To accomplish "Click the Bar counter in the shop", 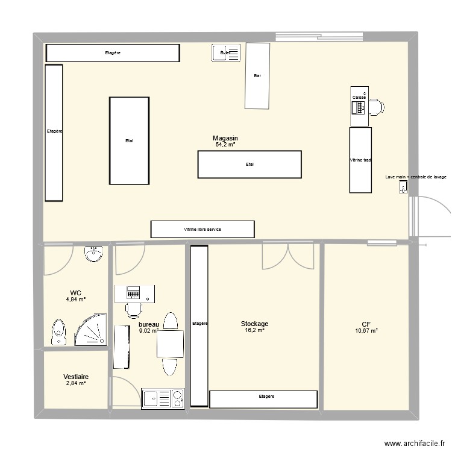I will click(x=257, y=76).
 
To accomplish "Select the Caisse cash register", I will click(x=359, y=107).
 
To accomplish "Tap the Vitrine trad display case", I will click(x=360, y=160).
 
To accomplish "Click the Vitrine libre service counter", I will click(x=202, y=229).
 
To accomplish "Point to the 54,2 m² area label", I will click(x=225, y=145).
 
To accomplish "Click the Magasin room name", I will click(x=225, y=138).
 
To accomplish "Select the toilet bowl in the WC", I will click(x=59, y=332).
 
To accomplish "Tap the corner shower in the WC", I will click(x=90, y=331).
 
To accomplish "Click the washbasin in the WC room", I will click(x=93, y=254).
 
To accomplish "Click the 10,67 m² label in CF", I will click(x=366, y=330).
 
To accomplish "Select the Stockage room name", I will click(x=254, y=324).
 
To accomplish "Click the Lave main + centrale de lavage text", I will click(x=416, y=177).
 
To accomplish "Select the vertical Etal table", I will click(x=129, y=140).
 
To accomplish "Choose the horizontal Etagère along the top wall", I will click(x=113, y=53).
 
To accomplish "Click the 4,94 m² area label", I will click(x=75, y=299).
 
